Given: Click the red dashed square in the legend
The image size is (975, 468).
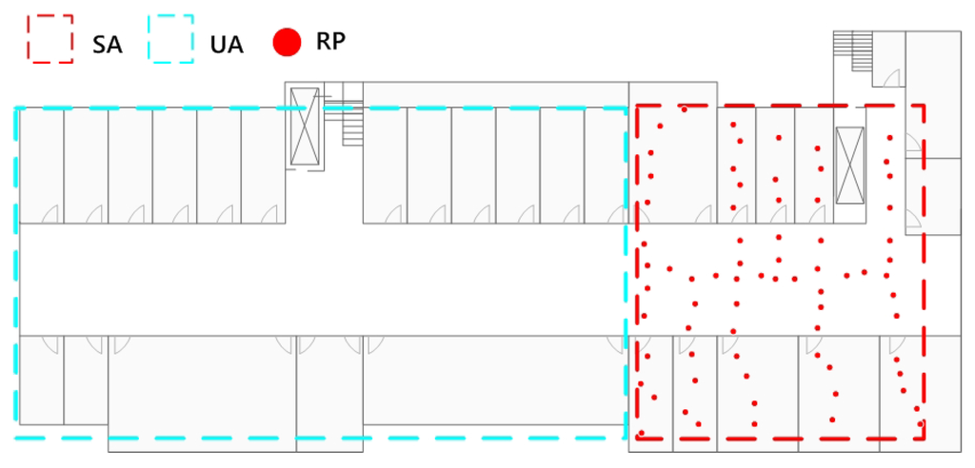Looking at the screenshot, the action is point(50,39).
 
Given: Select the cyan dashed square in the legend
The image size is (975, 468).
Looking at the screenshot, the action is point(171,39).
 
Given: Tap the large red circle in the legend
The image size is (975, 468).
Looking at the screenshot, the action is point(287,42).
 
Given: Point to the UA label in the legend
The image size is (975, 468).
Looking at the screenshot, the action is point(227,44).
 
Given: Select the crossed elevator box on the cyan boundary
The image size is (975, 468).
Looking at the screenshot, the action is point(305,127).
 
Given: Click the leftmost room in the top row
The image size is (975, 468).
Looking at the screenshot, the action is point(41,165).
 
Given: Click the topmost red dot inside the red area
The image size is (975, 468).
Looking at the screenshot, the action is point(684,109).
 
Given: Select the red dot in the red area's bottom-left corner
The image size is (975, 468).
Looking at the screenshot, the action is point(642,433).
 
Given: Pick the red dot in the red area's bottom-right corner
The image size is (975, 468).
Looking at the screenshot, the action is point(920,423).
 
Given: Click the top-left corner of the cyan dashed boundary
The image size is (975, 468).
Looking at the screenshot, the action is point(16,108).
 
